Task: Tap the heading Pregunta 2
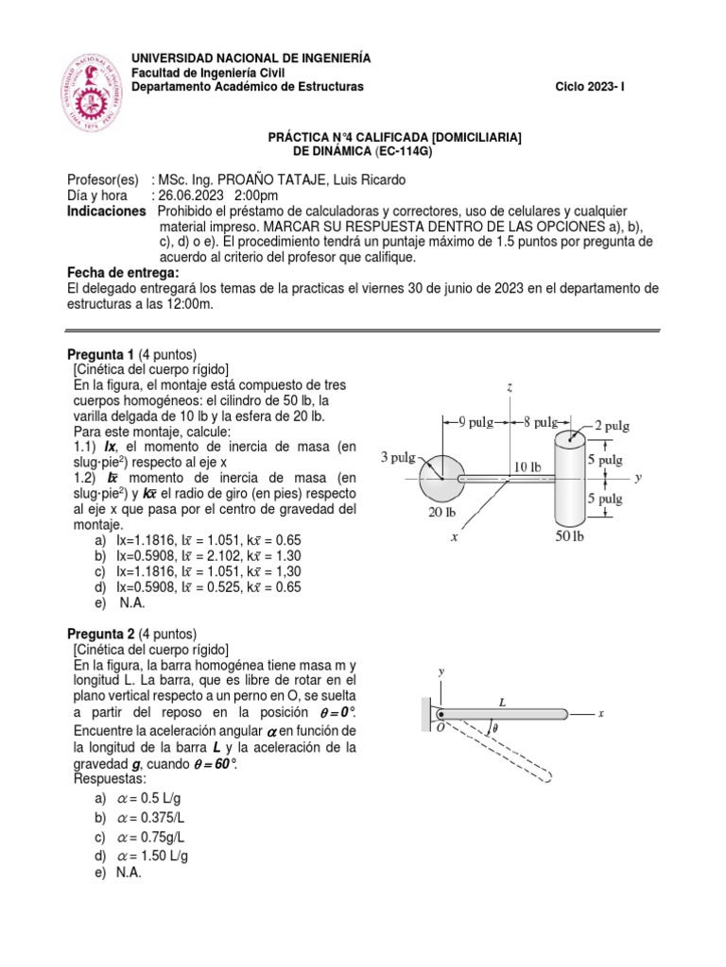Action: tap(102, 634)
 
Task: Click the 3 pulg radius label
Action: tap(398, 457)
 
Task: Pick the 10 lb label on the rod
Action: tap(527, 467)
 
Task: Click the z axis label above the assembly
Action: tap(510, 387)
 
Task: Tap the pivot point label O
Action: tap(437, 729)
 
